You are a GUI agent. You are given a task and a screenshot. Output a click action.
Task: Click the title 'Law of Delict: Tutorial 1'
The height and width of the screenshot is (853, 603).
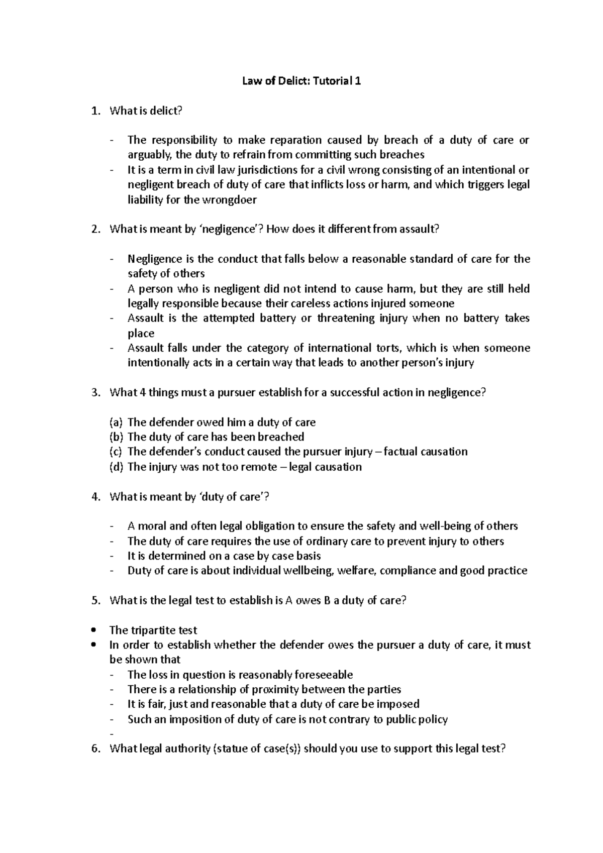point(301,81)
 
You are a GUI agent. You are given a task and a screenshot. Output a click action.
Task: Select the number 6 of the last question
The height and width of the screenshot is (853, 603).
point(95,749)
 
